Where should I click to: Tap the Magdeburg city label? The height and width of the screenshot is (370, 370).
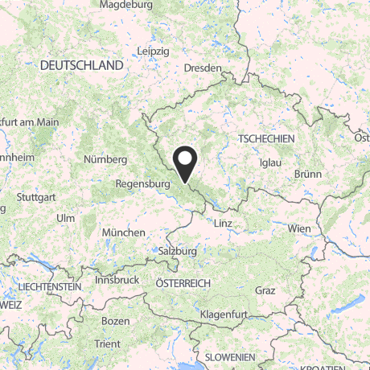pyautogui.click(x=125, y=5)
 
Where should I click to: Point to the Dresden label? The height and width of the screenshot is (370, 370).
pyautogui.click(x=202, y=69)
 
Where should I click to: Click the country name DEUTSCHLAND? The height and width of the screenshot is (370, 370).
pyautogui.click(x=82, y=64)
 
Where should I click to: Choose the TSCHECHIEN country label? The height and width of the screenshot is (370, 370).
pyautogui.click(x=266, y=139)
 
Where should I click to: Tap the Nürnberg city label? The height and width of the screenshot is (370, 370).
pyautogui.click(x=105, y=159)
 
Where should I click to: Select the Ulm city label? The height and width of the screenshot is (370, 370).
pyautogui.click(x=66, y=218)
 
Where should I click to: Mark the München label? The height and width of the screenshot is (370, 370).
pyautogui.click(x=124, y=232)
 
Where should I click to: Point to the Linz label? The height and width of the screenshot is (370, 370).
pyautogui.click(x=224, y=222)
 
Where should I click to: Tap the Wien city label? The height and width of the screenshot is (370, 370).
pyautogui.click(x=298, y=228)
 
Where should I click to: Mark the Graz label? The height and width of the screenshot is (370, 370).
pyautogui.click(x=265, y=290)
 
